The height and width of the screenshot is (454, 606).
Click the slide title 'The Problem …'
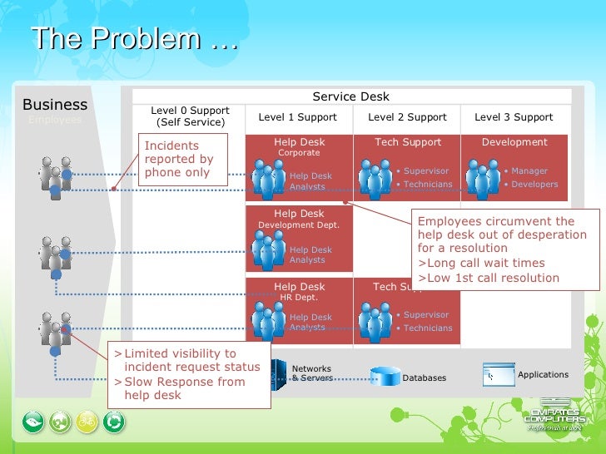(x=134, y=40)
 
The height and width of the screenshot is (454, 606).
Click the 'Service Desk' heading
(x=350, y=96)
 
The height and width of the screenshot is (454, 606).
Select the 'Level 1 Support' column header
(x=297, y=117)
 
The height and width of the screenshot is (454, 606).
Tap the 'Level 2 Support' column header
(x=407, y=117)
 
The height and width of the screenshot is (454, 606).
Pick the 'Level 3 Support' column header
(x=514, y=117)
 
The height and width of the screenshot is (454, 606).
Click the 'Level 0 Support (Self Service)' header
(x=190, y=116)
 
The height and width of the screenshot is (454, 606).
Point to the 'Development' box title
(x=514, y=142)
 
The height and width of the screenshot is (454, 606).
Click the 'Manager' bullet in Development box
(x=529, y=171)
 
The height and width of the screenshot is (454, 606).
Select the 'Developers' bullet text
(x=534, y=185)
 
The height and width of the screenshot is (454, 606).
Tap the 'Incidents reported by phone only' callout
(x=178, y=159)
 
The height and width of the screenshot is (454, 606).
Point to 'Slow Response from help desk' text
(x=184, y=388)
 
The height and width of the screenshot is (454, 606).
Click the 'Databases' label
(x=425, y=378)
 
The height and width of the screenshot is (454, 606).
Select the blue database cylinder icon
(x=385, y=376)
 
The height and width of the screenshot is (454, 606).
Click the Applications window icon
(x=498, y=375)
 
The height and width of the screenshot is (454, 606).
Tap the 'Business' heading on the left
(x=55, y=105)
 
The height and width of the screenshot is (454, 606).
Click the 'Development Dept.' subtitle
(x=299, y=225)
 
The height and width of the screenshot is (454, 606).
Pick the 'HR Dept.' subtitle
(x=299, y=298)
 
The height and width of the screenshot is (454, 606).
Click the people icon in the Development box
(x=483, y=177)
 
